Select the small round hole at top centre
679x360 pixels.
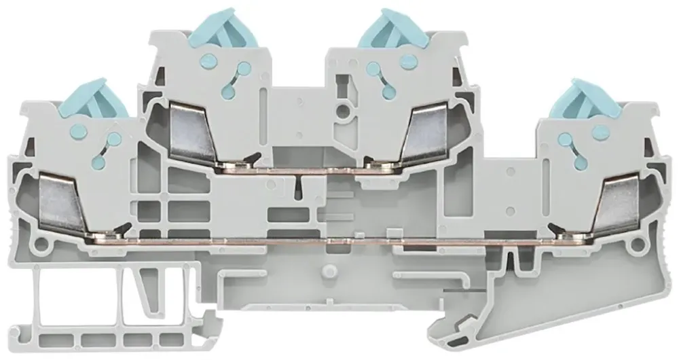coord(346,109)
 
